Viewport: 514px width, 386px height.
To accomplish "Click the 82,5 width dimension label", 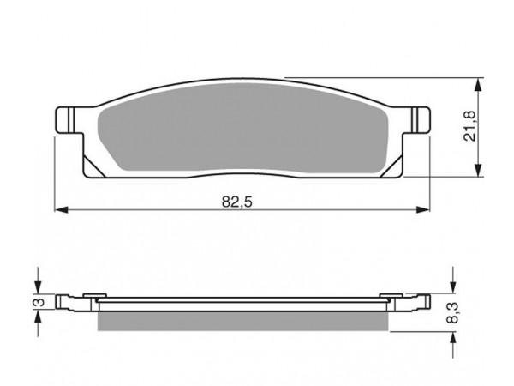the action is tap(237, 202).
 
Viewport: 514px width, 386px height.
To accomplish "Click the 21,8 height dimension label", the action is tap(469, 126).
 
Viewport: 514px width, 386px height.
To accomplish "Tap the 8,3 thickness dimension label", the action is tap(453, 313).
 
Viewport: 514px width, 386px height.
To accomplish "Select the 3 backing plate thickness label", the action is tap(39, 302).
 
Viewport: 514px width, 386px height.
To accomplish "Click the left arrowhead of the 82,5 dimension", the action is tap(62, 209).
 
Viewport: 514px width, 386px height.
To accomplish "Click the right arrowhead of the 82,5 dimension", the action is tap(422, 209).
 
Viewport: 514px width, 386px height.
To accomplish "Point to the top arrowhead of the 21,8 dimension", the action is tap(479, 85).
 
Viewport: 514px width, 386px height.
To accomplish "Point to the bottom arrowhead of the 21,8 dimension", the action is tap(479, 170).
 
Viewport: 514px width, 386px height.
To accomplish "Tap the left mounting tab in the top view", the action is tap(69, 120).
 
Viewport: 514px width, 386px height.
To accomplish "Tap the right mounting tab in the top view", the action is tap(416, 120).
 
